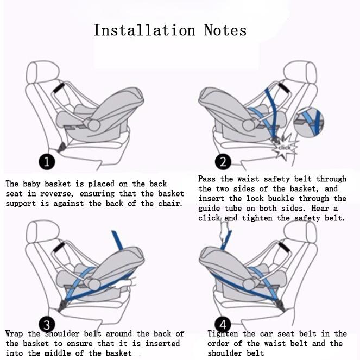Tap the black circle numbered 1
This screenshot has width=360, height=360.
click(x=47, y=161)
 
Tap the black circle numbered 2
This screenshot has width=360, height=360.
click(x=223, y=161)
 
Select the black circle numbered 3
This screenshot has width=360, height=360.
click(x=47, y=325)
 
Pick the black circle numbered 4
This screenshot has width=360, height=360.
click(x=223, y=325)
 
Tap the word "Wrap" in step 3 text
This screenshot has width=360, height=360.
click(x=15, y=333)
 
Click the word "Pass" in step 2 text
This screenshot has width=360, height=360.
click(x=207, y=179)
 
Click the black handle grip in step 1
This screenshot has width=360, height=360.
click(x=58, y=87)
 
